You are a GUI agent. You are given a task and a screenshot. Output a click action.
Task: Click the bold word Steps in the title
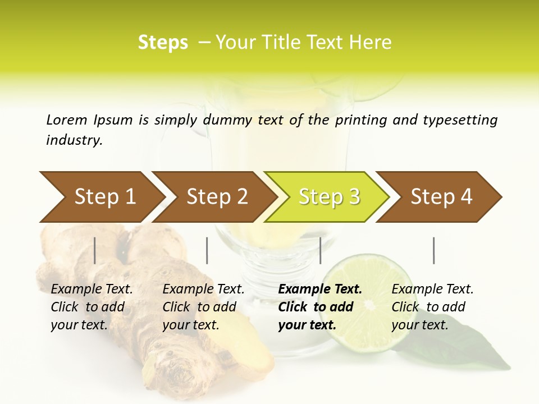tap(163, 43)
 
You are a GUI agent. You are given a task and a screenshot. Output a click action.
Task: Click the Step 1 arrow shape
tap(104, 197)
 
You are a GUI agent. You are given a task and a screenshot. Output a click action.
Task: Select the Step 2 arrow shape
tap(217, 197)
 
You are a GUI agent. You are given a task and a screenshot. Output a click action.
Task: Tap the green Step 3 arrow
tap(329, 197)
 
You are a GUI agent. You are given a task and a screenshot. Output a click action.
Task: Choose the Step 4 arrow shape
tap(441, 197)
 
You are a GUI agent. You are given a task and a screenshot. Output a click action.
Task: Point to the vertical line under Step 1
tap(95, 250)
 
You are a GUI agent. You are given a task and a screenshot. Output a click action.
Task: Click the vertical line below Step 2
tap(207, 250)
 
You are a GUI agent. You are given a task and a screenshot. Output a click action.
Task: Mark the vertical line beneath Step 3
tap(320, 250)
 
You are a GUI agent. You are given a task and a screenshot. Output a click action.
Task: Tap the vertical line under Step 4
tap(434, 250)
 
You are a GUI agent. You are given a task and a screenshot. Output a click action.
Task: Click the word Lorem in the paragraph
tap(67, 120)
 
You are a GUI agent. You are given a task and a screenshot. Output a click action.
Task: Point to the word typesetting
tap(460, 120)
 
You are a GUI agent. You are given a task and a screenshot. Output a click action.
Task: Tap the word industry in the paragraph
tap(74, 140)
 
